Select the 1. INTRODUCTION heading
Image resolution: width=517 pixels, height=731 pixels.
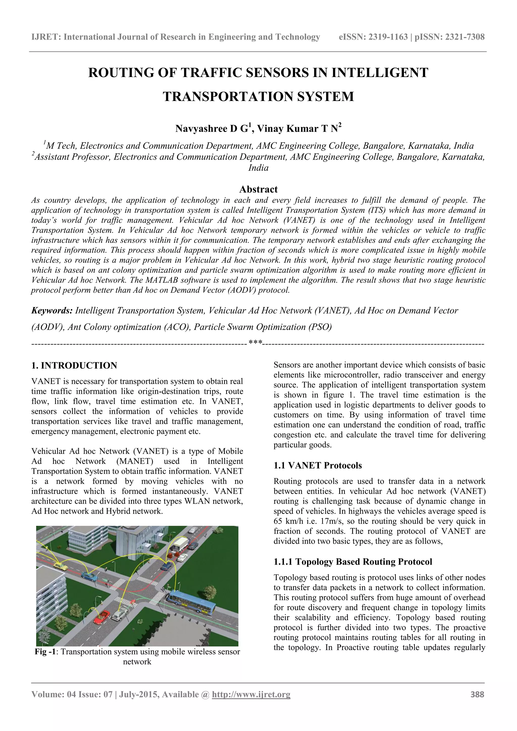pos(74,365)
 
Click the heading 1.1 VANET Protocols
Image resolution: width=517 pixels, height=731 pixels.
pos(318,466)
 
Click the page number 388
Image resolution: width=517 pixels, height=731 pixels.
pos(477,694)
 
